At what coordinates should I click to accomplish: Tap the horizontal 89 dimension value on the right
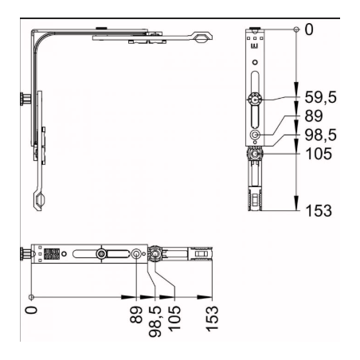[x=316, y=117]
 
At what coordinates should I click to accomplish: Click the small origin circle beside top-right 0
[x=296, y=29]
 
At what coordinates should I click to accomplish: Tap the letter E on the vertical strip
[x=254, y=47]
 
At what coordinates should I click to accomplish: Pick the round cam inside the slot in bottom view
[x=102, y=254]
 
